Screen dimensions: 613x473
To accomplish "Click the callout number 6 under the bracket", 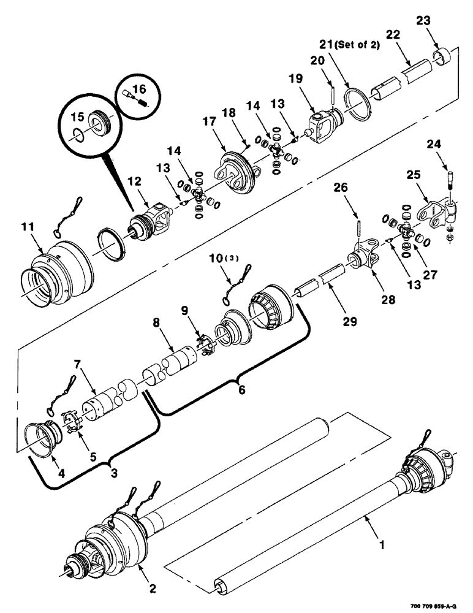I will [x=241, y=389].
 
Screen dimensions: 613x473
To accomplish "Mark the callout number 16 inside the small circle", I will [x=140, y=89].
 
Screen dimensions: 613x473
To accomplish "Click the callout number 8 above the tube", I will [x=155, y=320].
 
